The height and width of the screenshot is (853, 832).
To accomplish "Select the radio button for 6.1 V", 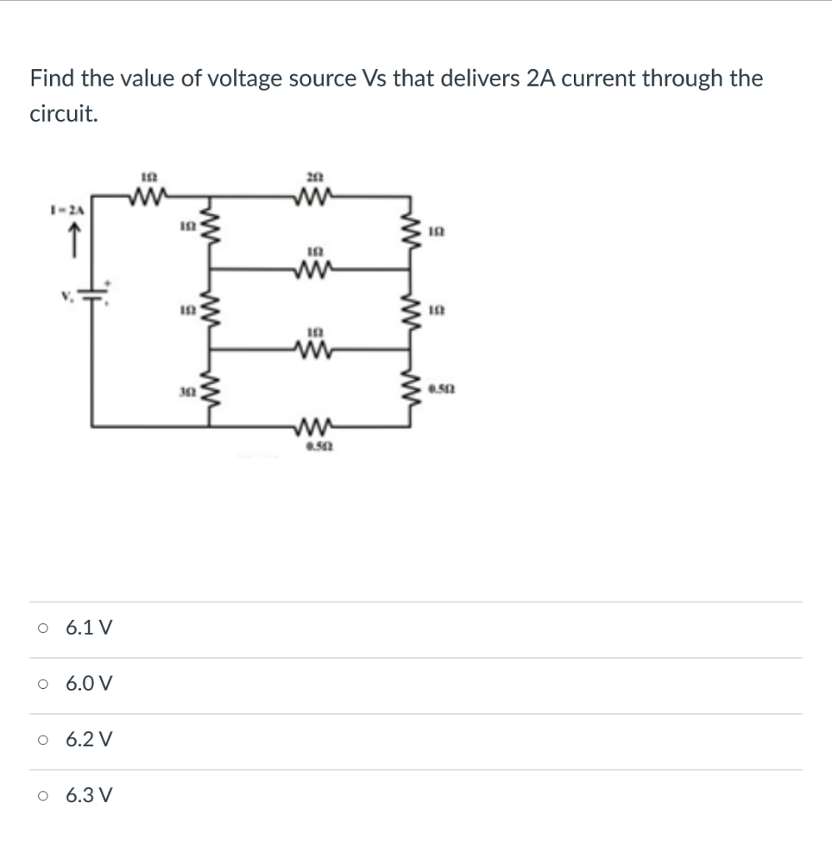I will (x=42, y=629).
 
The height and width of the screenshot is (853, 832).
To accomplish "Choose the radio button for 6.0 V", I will (x=42, y=685).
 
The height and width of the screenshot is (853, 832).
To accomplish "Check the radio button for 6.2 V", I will (x=42, y=740).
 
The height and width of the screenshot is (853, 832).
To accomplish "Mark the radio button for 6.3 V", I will (x=42, y=796).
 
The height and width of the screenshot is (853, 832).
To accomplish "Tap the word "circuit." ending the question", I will (x=63, y=115).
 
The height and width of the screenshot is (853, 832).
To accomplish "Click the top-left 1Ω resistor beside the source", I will (x=151, y=198).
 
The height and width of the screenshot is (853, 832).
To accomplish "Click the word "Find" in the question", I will (x=52, y=79).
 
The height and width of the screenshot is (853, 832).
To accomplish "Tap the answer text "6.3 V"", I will (x=89, y=796).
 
